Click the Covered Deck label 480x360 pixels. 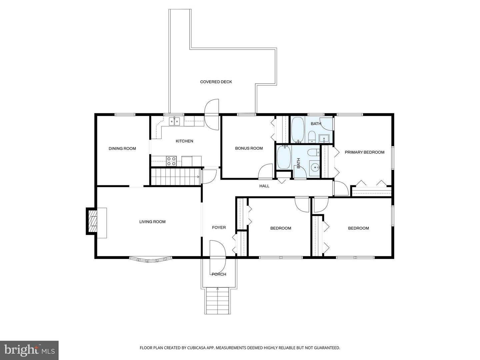click(216, 82)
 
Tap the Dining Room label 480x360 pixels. click(122, 148)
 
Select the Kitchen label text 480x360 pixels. click(184, 141)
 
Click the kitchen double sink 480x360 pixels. click(174, 122)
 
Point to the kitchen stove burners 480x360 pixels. click(171, 161)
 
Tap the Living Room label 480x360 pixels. click(152, 222)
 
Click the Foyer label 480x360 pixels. click(219, 227)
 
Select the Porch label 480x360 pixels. click(219, 274)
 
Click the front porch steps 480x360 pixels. click(218, 300)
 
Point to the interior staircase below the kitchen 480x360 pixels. click(175, 176)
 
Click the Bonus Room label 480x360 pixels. click(249, 148)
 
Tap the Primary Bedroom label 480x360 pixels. click(364, 152)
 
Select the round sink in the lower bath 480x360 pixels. click(314, 167)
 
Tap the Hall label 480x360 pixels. click(264, 186)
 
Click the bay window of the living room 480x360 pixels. click(150, 259)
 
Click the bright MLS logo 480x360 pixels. click(29, 350)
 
